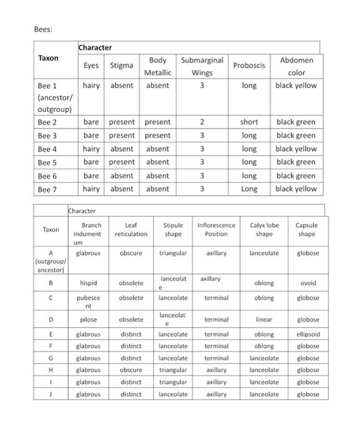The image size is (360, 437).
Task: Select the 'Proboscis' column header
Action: click(249, 66)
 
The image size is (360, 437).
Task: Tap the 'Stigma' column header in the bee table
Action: click(122, 66)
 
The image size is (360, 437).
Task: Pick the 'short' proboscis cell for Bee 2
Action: click(249, 122)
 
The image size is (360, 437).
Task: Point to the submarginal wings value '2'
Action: click(202, 122)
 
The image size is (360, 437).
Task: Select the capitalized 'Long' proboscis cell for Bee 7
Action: click(249, 189)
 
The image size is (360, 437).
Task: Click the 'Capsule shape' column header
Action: click(306, 230)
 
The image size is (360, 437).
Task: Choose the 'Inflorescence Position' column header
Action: click(216, 230)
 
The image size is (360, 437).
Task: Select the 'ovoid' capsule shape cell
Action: click(307, 283)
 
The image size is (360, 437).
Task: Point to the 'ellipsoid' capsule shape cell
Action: click(307, 334)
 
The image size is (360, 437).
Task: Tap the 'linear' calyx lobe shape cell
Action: click(264, 320)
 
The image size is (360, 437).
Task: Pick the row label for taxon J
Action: click(50, 395)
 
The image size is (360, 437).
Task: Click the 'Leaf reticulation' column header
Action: click(131, 230)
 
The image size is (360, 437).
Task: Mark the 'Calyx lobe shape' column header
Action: click(265, 230)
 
